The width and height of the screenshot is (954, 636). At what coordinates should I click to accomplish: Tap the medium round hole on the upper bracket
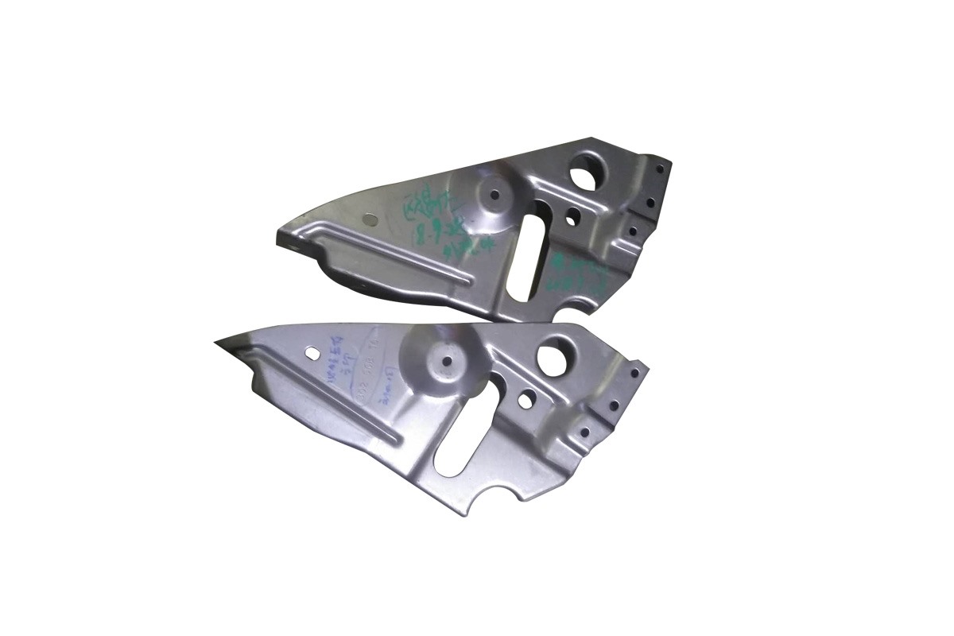coord(571,215)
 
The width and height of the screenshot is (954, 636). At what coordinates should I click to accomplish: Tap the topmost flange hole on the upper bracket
coord(659,168)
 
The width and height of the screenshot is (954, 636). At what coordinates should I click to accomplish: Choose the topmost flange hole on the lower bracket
coord(634,372)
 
